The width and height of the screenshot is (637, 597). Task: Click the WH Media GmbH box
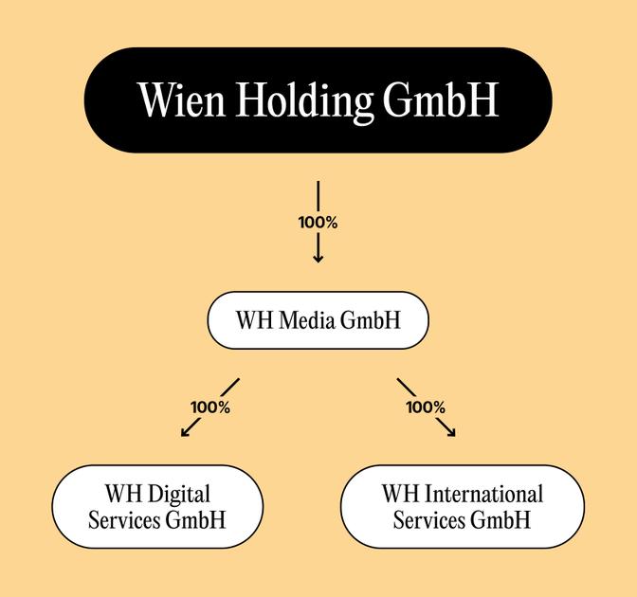pyautogui.click(x=318, y=320)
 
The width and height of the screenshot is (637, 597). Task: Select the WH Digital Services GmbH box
pyautogui.click(x=156, y=506)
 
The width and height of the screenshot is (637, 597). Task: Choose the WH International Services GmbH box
pyautogui.click(x=462, y=506)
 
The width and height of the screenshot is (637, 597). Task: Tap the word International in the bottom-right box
pyautogui.click(x=484, y=494)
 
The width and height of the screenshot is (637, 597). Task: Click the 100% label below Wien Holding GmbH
pyautogui.click(x=318, y=223)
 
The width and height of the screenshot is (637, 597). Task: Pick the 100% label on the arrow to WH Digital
pyautogui.click(x=210, y=407)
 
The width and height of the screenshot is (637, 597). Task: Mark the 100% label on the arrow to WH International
pyautogui.click(x=426, y=407)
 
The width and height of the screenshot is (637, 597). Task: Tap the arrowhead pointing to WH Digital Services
pyautogui.click(x=185, y=433)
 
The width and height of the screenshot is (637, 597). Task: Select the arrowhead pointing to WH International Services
pyautogui.click(x=451, y=433)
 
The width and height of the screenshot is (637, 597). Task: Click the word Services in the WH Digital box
pyautogui.click(x=123, y=519)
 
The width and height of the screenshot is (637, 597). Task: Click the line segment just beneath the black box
pyautogui.click(x=318, y=194)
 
